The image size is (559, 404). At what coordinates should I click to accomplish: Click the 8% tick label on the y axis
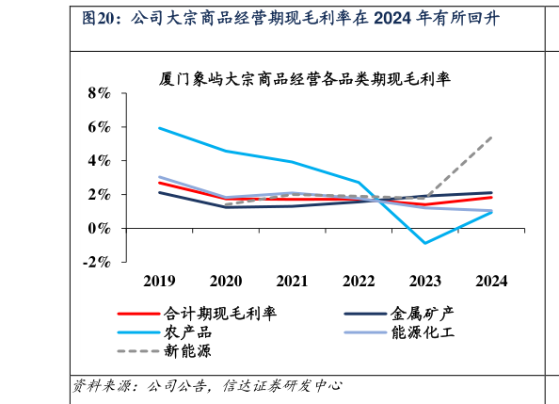[x=98, y=93]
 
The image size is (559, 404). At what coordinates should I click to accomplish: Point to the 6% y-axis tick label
[x=98, y=127]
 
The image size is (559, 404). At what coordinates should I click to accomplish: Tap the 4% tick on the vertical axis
[x=98, y=161]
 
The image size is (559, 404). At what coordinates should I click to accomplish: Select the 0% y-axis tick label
[x=98, y=229]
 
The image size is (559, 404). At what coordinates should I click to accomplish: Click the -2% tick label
[x=95, y=263]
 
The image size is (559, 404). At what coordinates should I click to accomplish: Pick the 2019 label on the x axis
[x=160, y=281]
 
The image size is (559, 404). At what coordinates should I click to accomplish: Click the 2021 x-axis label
[x=293, y=281]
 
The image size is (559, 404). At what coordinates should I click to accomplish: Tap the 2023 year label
[x=425, y=281]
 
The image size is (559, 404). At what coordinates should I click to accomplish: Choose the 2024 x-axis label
[x=491, y=281]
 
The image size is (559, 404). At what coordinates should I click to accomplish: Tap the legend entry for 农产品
[x=187, y=332]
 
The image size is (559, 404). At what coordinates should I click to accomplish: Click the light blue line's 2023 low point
[x=425, y=243]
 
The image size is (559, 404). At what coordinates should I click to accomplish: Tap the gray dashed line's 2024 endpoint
[x=491, y=137]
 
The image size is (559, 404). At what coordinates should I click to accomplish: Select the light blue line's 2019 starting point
[x=160, y=128]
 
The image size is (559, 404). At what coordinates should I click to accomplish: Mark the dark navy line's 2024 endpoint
[x=491, y=193]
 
